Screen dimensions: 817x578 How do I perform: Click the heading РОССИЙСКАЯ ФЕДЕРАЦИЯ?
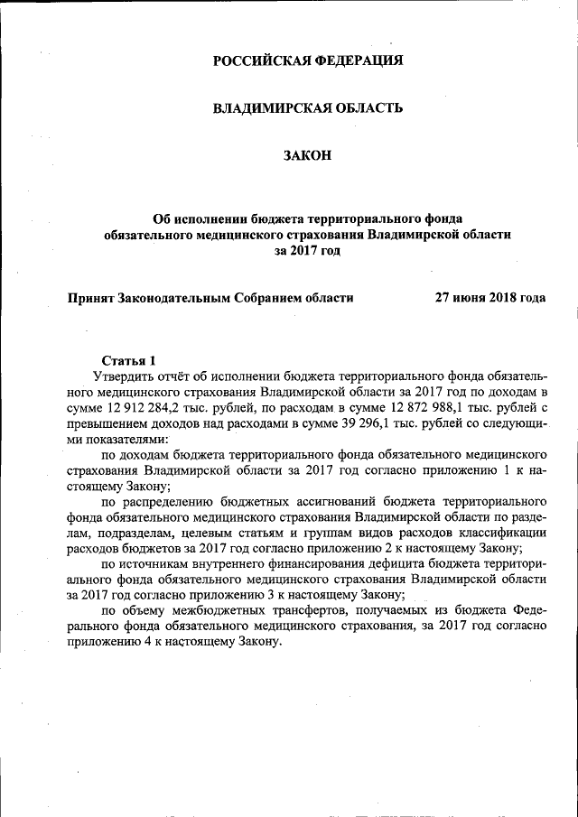(307, 61)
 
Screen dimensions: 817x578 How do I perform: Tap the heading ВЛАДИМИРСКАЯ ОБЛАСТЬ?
(307, 108)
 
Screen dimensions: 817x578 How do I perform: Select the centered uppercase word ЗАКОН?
(307, 156)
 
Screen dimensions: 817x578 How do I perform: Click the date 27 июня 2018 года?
(490, 296)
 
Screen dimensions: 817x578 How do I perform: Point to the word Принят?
(91, 296)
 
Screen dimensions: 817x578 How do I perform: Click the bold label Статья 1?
(128, 359)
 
